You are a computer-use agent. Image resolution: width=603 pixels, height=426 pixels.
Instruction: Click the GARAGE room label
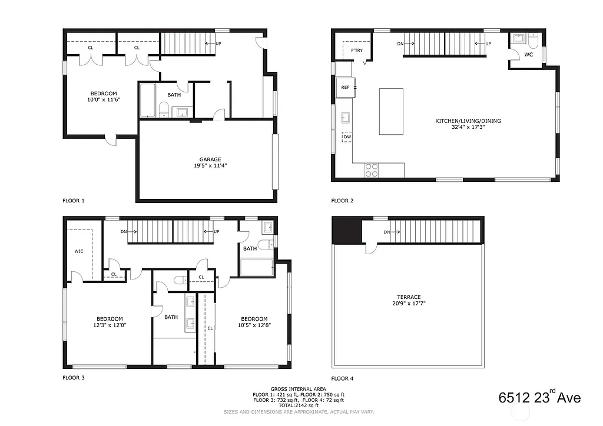(x=210, y=159)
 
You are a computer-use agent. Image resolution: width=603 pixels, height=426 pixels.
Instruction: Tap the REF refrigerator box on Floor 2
(x=345, y=87)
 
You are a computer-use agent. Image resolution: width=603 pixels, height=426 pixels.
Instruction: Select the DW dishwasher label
(x=347, y=137)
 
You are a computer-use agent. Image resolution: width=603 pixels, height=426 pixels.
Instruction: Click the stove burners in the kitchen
(x=372, y=170)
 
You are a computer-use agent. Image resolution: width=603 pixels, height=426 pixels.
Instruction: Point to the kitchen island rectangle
(x=391, y=112)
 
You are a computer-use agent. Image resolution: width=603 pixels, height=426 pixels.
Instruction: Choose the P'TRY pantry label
(x=356, y=51)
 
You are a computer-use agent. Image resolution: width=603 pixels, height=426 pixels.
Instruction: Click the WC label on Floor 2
(x=528, y=55)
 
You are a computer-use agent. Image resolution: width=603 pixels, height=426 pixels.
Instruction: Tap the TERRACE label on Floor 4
(x=409, y=297)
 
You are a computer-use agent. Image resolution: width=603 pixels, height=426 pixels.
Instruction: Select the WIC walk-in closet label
(x=79, y=251)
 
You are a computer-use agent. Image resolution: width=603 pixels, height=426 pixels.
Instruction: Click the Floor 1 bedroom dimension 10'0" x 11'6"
(x=104, y=100)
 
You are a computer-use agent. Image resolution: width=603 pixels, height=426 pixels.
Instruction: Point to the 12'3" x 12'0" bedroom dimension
(x=110, y=325)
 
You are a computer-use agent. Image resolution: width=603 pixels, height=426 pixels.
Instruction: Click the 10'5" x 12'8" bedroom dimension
(x=254, y=325)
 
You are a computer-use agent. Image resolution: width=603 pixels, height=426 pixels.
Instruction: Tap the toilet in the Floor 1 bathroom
(x=164, y=109)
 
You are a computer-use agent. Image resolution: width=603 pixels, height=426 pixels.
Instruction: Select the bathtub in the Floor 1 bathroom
(x=147, y=101)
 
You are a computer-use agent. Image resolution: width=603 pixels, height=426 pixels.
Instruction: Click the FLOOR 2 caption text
(x=342, y=201)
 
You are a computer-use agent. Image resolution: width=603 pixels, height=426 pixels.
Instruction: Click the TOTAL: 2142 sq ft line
(x=299, y=405)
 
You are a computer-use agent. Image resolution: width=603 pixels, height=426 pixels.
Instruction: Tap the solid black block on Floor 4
(x=346, y=231)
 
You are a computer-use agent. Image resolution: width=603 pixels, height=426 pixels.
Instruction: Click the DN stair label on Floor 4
(x=386, y=232)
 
